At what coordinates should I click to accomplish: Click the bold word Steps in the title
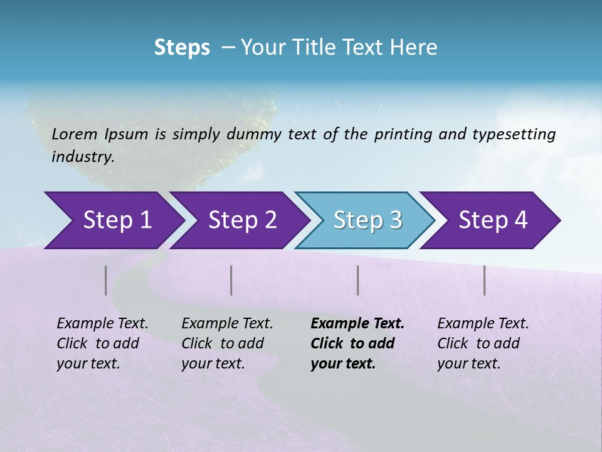[x=182, y=48]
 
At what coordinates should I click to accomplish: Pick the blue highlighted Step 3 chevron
[x=367, y=220]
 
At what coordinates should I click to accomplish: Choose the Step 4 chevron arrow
[x=493, y=220]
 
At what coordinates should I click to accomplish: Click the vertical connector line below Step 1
[x=106, y=280]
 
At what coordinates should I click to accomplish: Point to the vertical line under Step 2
[x=231, y=280]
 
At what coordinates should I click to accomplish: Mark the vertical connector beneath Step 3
[x=358, y=280]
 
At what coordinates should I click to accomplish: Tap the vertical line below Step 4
[x=485, y=280]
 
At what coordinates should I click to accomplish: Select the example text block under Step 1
[x=102, y=343]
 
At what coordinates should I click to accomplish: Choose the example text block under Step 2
[x=227, y=343]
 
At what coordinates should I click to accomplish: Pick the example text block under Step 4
[x=483, y=343]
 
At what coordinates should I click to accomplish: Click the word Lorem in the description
[x=75, y=134]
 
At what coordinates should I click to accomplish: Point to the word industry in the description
[x=83, y=157]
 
